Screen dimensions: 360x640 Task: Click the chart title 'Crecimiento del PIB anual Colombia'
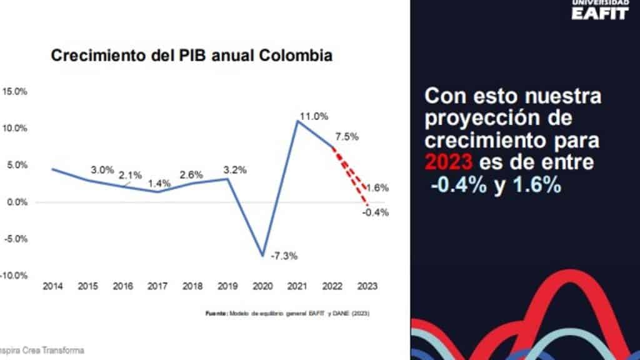191,56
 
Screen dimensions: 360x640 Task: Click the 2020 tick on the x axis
261,286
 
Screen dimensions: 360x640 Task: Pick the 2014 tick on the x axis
52,286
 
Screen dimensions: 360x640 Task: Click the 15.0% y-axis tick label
15,91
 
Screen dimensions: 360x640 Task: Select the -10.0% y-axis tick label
14,276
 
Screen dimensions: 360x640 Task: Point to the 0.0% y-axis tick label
17,202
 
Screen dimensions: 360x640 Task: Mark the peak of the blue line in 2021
297,121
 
